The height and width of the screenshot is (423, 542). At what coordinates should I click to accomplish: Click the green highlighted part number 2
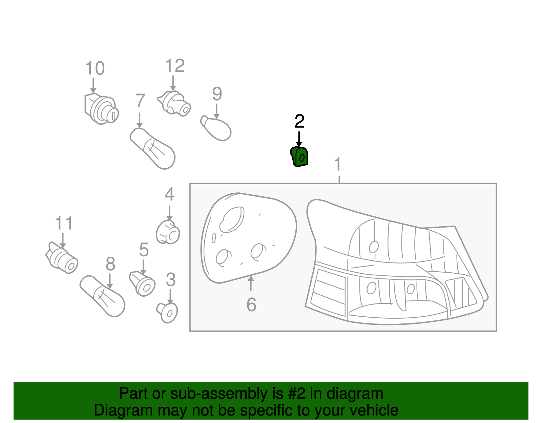pyautogui.click(x=299, y=157)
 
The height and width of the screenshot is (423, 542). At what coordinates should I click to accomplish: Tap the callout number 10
pyautogui.click(x=95, y=68)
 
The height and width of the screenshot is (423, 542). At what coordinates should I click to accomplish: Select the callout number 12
pyautogui.click(x=175, y=66)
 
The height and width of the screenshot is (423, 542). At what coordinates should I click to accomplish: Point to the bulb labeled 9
pyautogui.click(x=217, y=129)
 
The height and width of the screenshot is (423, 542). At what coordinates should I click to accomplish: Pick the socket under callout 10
pyautogui.click(x=101, y=109)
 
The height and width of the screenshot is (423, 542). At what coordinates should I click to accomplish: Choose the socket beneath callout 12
pyautogui.click(x=175, y=103)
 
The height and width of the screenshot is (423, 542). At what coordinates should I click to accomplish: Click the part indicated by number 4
pyautogui.click(x=168, y=232)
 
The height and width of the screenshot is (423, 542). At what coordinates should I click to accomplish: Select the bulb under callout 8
pyautogui.click(x=102, y=296)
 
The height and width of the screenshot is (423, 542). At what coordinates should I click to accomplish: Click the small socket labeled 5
pyautogui.click(x=143, y=284)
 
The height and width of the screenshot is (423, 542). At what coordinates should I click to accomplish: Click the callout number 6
pyautogui.click(x=251, y=304)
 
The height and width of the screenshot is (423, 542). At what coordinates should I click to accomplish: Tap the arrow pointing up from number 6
pyautogui.click(x=251, y=283)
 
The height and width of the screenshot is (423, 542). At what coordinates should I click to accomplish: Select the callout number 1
pyautogui.click(x=337, y=165)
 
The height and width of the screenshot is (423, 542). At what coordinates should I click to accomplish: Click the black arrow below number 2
pyautogui.click(x=299, y=139)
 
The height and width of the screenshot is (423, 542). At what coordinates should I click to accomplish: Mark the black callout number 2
pyautogui.click(x=299, y=121)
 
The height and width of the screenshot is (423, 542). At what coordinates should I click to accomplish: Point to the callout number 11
pyautogui.click(x=64, y=224)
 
